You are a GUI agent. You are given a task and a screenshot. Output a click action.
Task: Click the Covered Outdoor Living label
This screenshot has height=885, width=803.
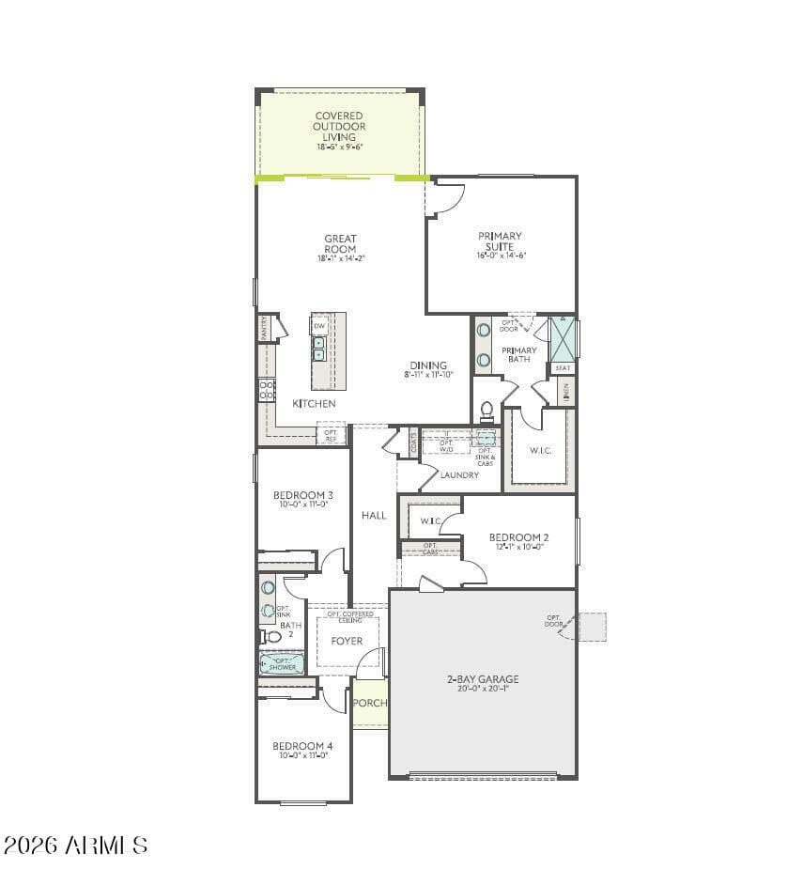[x=339, y=127]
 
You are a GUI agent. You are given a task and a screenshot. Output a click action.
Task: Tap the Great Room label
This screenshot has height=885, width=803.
[x=340, y=243]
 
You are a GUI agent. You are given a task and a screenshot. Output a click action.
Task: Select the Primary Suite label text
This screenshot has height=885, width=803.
[x=500, y=241]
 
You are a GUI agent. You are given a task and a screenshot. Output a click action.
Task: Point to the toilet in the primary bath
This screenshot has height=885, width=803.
[x=486, y=411]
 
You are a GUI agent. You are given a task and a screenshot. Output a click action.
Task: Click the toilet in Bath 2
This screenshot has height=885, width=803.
[x=271, y=636]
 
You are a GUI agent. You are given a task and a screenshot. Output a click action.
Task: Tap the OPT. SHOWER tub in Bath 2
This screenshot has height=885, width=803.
[x=281, y=664]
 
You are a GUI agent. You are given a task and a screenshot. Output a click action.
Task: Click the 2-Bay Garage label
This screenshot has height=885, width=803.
[x=482, y=679]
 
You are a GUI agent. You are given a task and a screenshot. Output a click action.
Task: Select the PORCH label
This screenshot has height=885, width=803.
[x=370, y=703]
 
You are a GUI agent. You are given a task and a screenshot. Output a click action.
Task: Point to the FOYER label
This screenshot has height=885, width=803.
[x=347, y=641]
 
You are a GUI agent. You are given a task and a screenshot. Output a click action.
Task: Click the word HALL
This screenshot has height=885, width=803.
[x=374, y=515]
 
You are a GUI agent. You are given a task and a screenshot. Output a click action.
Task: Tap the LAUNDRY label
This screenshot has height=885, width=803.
[x=459, y=475]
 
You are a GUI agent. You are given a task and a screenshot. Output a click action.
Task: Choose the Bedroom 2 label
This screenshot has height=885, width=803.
[x=518, y=538]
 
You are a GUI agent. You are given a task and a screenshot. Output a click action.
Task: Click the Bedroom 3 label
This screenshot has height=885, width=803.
[x=302, y=495]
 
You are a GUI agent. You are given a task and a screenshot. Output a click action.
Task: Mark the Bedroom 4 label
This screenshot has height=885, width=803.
[x=302, y=746]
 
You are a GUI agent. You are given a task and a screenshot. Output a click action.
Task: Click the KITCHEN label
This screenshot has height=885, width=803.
[x=314, y=403]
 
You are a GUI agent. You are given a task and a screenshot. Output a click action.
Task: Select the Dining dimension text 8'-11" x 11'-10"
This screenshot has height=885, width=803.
[x=428, y=375]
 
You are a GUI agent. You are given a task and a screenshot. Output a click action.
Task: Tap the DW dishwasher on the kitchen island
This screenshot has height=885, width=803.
[x=319, y=326]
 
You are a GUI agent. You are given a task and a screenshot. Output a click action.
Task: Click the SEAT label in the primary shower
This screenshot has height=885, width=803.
[x=562, y=368]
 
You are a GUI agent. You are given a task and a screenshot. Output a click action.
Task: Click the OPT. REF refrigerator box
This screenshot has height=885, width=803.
[x=331, y=435]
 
